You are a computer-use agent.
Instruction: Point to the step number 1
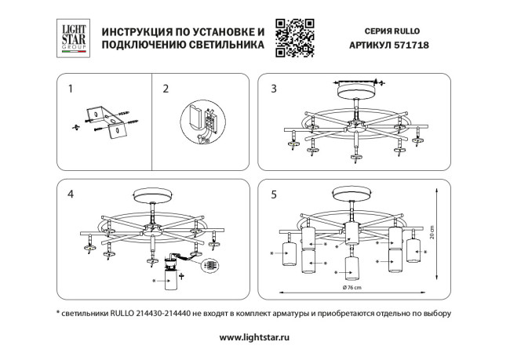(x=70, y=89)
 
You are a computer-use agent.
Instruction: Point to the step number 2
(x=165, y=89)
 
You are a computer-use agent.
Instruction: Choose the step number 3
(x=273, y=89)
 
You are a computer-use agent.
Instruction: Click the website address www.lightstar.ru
(x=254, y=336)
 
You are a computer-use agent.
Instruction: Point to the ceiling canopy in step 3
(x=356, y=89)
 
